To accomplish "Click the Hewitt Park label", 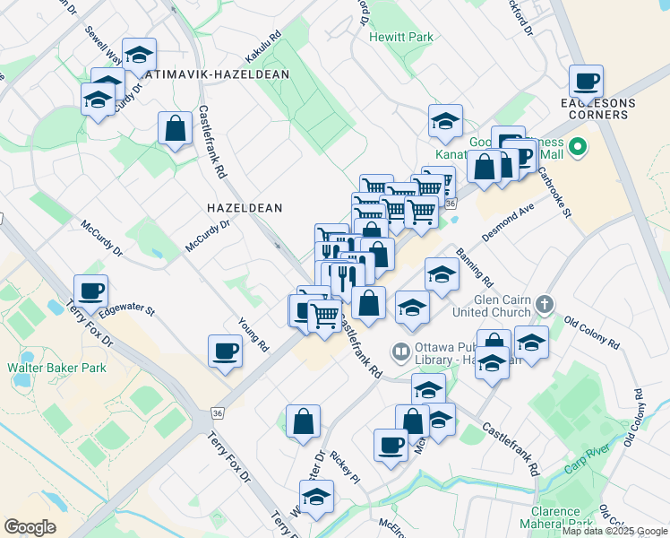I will (401, 37).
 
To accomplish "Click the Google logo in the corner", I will (30, 527).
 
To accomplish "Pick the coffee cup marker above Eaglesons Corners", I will (587, 82).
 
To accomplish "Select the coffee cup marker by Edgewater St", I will (90, 291).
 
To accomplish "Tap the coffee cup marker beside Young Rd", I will (225, 351).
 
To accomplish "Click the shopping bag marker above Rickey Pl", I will (304, 421).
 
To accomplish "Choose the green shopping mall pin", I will (578, 146).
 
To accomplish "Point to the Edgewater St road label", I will (127, 311).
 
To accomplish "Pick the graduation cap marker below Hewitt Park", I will (444, 122).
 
